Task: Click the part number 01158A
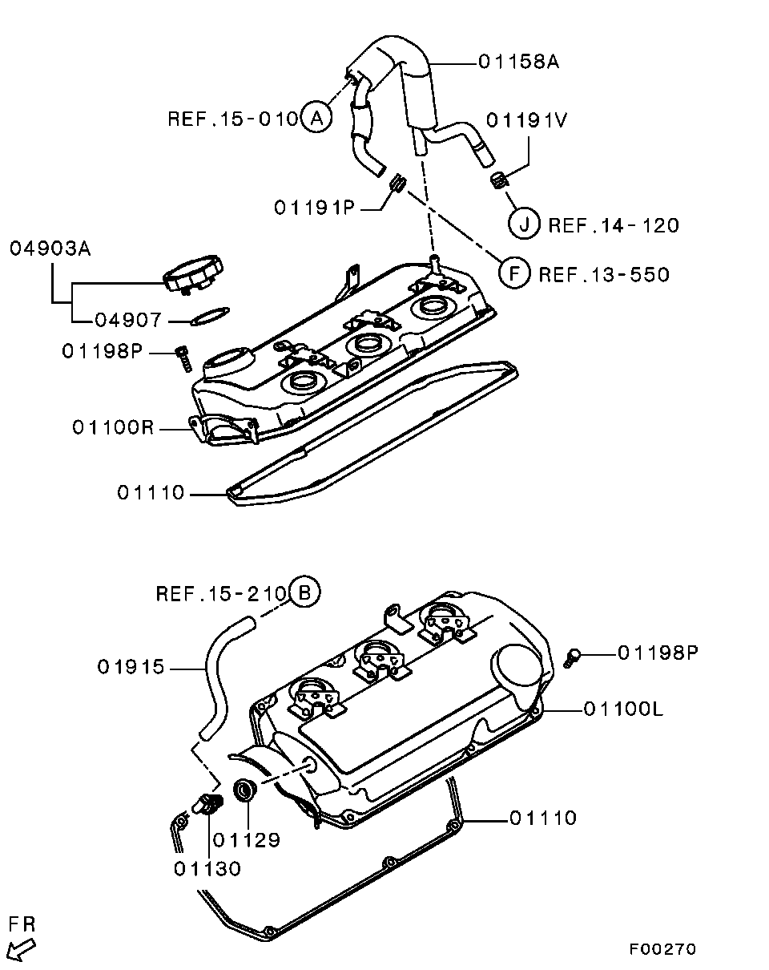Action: click(x=518, y=62)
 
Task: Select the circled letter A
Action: click(x=316, y=119)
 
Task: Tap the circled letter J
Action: click(x=525, y=224)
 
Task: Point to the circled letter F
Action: click(x=514, y=274)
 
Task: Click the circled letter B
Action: click(x=304, y=593)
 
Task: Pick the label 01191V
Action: click(x=527, y=120)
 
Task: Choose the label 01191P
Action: click(x=314, y=208)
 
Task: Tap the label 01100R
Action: click(x=112, y=428)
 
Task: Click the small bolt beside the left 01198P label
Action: click(x=183, y=358)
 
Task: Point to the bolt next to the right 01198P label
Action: click(x=573, y=657)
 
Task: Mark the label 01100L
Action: click(x=623, y=709)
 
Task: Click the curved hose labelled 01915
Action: click(x=216, y=681)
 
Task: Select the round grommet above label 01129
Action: click(x=245, y=789)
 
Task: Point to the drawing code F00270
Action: click(x=662, y=949)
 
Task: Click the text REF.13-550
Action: click(x=603, y=275)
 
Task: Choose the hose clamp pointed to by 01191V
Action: click(x=498, y=180)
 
